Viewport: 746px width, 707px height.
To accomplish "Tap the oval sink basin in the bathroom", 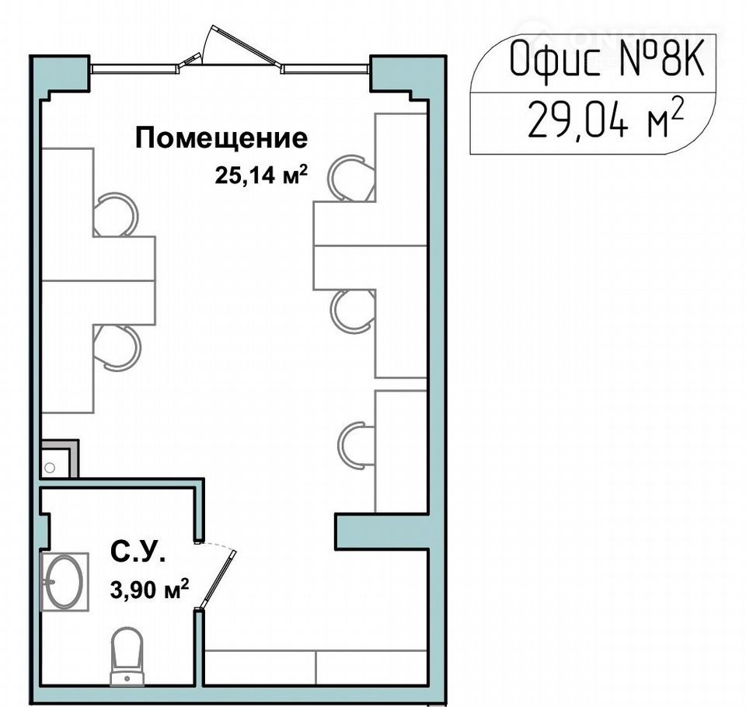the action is (x=64, y=581).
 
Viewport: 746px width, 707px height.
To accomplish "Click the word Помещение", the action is (x=221, y=138).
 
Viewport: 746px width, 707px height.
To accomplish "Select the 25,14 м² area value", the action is (x=260, y=175).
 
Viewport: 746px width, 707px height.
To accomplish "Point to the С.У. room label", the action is (x=138, y=552).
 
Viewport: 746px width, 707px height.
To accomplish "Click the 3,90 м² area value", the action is (x=149, y=590).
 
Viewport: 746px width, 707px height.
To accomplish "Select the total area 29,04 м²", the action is (x=605, y=118).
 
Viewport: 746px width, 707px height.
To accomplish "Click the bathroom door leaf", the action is (x=218, y=579).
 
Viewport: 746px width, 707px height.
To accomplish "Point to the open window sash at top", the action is (x=240, y=45).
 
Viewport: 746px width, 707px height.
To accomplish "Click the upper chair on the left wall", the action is (x=115, y=214).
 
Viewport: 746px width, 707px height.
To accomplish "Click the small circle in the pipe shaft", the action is (x=50, y=468).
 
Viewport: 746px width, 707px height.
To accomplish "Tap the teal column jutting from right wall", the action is (x=382, y=531).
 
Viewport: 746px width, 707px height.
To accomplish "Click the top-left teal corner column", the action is (x=60, y=75).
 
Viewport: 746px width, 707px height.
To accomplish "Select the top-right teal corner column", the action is (x=408, y=75).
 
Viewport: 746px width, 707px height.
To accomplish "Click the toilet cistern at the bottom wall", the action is (x=127, y=678).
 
